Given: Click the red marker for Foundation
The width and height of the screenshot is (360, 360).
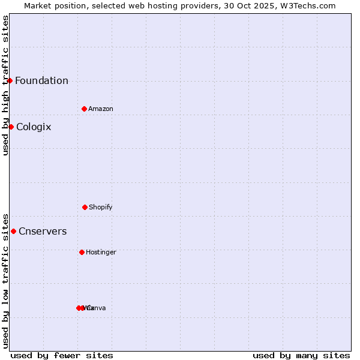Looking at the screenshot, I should point(10,80).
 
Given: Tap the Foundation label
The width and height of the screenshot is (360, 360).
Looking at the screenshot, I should point(41,81).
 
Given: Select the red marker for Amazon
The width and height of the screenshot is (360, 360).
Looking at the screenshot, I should point(84,109).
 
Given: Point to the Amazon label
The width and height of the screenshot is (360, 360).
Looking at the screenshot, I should point(101,109).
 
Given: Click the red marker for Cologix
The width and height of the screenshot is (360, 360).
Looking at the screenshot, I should point(11,127).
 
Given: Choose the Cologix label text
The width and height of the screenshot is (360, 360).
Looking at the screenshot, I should point(34,127).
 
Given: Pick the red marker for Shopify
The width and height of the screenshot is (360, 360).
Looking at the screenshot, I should point(85,207).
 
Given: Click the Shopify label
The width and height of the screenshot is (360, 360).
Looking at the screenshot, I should point(101,208).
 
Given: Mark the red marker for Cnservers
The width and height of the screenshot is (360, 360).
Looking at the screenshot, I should point(13,231).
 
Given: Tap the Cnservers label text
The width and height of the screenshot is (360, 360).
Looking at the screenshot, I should point(43,232).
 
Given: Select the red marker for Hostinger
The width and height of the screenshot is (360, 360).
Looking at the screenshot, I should point(82,252).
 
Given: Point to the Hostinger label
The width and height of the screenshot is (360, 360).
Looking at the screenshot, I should point(101,253).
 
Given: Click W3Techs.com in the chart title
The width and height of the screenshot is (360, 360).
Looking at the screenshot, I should point(310,5).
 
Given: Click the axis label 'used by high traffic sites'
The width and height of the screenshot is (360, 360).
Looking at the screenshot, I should point(5,85).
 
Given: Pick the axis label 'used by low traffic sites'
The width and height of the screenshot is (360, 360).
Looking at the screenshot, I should point(5,281).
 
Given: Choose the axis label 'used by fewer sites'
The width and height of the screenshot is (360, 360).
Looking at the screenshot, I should point(62,355).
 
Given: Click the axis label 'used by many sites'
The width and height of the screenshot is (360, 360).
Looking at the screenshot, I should point(301,355).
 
